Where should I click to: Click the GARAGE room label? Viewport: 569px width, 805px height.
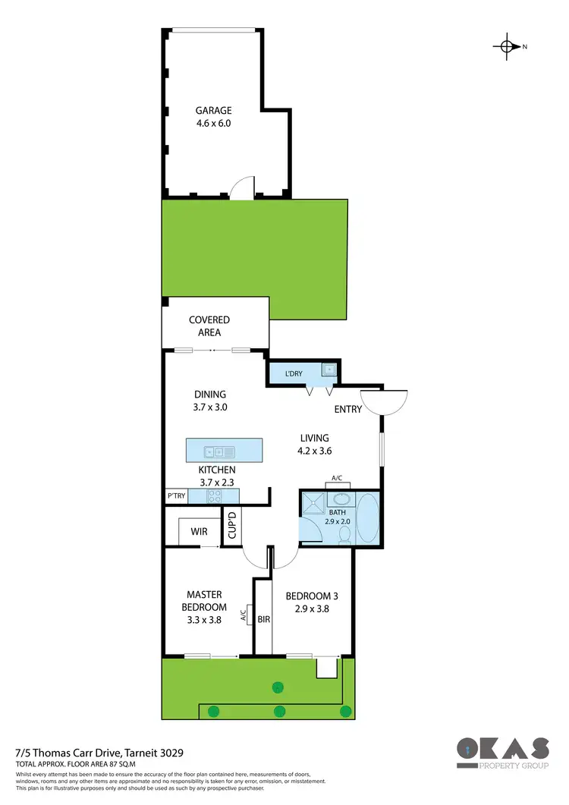213,111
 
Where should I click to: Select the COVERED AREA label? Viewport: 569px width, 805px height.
209,326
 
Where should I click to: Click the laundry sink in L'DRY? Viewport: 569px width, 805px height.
328,370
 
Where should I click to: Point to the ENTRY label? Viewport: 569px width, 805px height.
348,410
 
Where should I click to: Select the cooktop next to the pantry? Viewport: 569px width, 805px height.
215,497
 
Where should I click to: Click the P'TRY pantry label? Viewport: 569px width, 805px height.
177,497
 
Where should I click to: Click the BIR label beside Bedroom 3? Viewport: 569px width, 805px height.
264,619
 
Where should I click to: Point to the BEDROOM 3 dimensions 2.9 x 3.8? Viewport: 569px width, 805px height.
308,608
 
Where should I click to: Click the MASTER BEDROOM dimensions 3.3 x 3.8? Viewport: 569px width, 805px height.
203,620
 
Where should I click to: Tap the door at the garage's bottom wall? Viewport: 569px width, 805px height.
242,189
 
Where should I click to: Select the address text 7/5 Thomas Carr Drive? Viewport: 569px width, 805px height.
99,752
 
